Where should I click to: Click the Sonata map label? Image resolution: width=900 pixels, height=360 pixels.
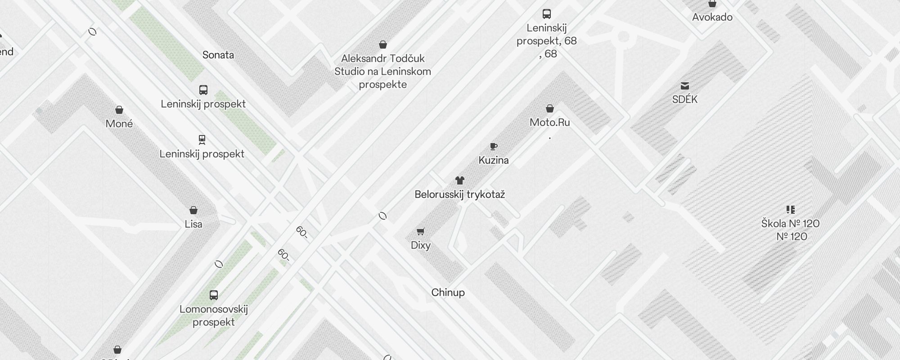[218, 55]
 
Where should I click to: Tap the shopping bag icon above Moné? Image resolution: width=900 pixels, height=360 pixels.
[119, 110]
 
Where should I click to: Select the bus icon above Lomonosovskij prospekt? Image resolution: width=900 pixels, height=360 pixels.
[214, 295]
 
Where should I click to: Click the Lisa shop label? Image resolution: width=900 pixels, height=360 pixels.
[193, 224]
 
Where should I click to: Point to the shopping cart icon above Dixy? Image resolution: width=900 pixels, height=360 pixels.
[421, 232]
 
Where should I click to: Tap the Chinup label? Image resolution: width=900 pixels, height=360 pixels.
[448, 292]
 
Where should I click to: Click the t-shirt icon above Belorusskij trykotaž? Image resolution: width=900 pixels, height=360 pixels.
[459, 180]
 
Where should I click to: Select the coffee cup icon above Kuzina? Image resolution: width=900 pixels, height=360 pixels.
[494, 146]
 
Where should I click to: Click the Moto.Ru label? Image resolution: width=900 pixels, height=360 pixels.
[549, 122]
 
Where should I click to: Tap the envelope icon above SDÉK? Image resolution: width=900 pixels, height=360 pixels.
[685, 86]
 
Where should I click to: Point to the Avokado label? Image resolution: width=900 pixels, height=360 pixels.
[712, 17]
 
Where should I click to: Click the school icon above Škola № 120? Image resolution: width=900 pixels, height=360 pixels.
[791, 210]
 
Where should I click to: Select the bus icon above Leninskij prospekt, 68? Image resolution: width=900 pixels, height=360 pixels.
[547, 14]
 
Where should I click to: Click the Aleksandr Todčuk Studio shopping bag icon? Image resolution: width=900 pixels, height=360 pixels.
[383, 45]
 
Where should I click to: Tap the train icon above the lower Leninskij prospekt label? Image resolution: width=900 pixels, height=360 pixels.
[202, 140]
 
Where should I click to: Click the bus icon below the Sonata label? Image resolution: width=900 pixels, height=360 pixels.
[203, 90]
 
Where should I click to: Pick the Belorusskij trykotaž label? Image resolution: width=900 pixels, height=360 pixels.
[459, 194]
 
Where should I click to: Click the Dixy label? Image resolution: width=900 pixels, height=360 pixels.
[421, 245]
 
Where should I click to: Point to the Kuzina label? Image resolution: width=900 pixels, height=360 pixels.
[494, 160]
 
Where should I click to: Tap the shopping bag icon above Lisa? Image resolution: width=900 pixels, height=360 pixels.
[193, 210]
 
